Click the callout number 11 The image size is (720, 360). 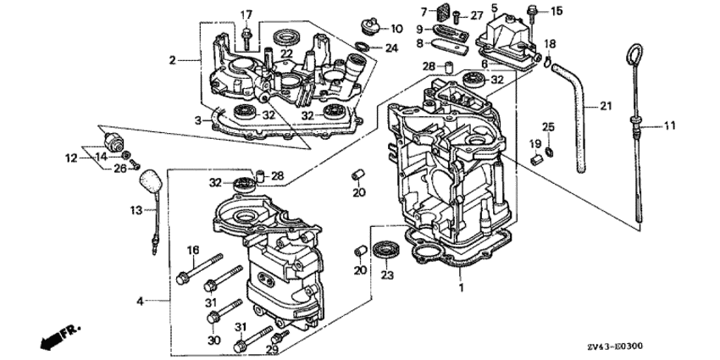(670, 126)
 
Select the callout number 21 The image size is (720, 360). (605, 107)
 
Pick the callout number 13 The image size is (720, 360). (136, 211)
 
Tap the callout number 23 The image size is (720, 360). (389, 275)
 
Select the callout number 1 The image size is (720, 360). (462, 288)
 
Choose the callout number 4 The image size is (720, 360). (141, 300)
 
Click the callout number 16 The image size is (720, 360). (192, 250)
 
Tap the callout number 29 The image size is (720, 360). (272, 349)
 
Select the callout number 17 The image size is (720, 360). (246, 14)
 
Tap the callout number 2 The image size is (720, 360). (173, 60)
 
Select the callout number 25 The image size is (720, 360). (548, 126)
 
